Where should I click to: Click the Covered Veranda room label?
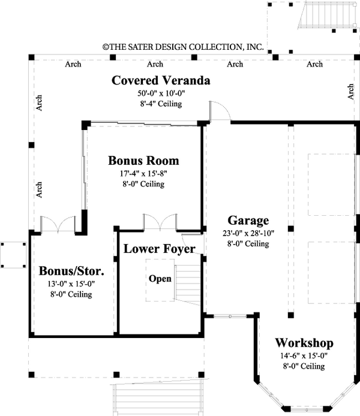coord(161,80)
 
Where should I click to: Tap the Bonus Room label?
coord(143,161)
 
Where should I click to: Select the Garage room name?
coord(248,220)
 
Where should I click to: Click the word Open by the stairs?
coord(160,279)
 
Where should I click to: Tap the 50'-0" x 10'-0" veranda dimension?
coord(161,93)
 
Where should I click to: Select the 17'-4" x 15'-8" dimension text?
coord(143,173)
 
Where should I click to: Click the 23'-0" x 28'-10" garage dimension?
coord(248,233)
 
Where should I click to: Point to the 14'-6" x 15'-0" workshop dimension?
coord(304,355)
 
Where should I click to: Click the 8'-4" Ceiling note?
coord(161,104)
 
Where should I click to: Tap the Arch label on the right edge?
coord(350,91)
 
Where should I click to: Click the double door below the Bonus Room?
coord(160,222)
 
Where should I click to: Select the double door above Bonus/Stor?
coord(56,224)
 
